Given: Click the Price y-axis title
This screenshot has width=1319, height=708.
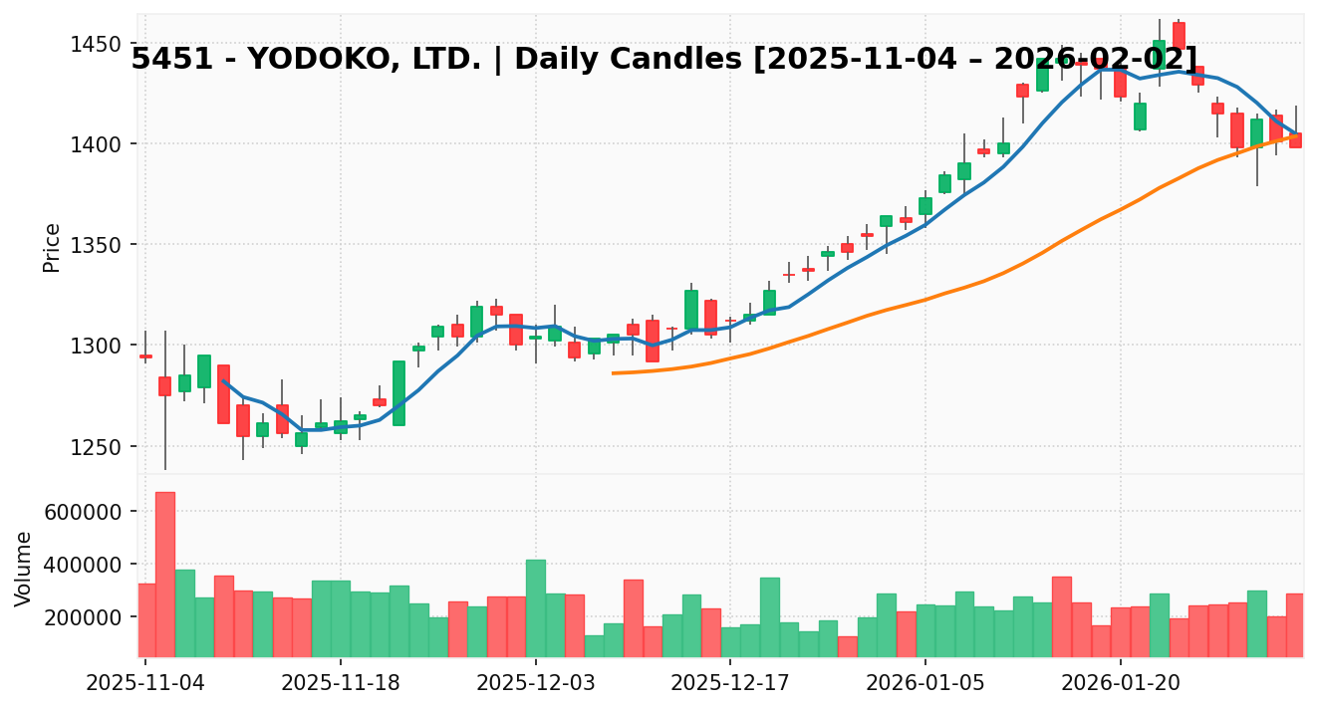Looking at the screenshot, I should [x=52, y=247].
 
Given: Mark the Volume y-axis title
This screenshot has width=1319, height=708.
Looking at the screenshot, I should [x=24, y=568].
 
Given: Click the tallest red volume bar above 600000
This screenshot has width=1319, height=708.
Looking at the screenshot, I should [x=165, y=574].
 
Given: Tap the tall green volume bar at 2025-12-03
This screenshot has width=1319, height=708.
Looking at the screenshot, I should [x=536, y=607].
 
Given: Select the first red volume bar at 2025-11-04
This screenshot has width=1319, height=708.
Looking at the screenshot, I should [x=145, y=619].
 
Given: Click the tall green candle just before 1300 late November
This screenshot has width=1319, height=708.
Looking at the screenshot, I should [x=398, y=392].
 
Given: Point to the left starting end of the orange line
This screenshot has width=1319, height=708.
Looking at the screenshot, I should [x=613, y=373].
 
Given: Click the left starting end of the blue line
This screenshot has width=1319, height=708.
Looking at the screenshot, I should [x=223, y=380].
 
